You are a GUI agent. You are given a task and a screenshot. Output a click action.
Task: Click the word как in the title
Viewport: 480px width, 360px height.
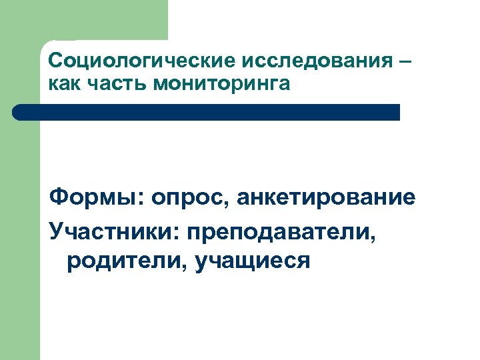pyautogui.click(x=63, y=85)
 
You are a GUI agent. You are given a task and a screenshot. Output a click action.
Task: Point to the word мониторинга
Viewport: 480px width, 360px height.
pyautogui.click(x=223, y=85)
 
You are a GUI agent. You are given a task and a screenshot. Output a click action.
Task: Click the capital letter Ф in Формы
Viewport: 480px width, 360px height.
pyautogui.click(x=59, y=197)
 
